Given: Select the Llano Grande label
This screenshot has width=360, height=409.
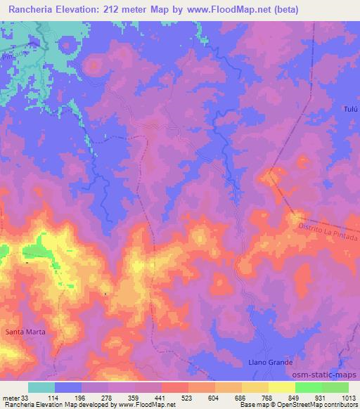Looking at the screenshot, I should (x=269, y=363).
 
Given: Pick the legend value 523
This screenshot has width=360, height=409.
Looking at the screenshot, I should (x=188, y=397).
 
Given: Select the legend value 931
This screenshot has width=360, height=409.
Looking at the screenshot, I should (x=322, y=397).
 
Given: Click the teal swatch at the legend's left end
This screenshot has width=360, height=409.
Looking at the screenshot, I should (x=41, y=387).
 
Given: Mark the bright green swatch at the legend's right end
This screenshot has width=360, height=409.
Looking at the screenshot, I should (x=335, y=387).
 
